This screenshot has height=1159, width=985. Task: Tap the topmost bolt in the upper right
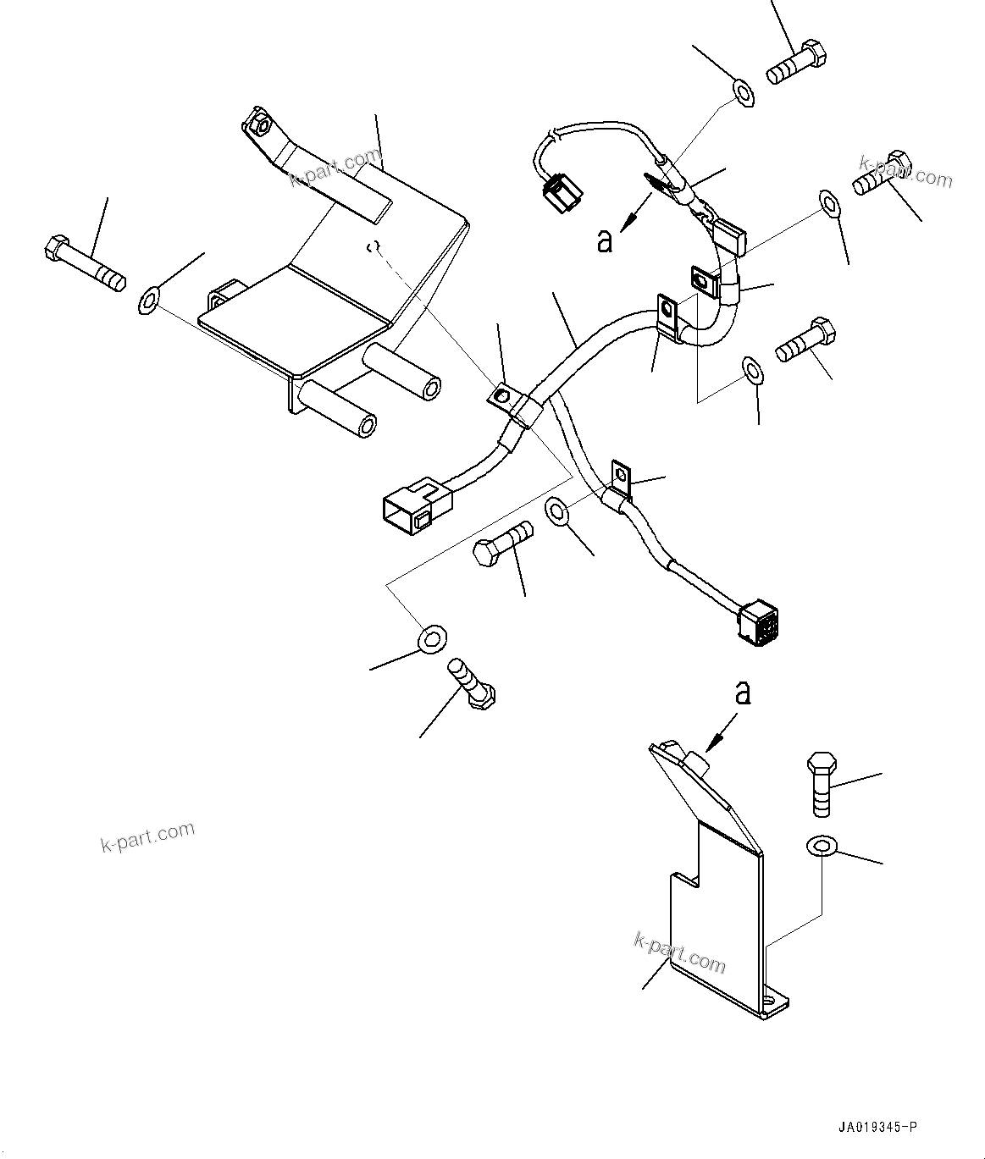(x=796, y=62)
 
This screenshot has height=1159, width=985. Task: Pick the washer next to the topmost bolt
(x=744, y=93)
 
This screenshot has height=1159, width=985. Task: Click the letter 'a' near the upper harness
(x=604, y=241)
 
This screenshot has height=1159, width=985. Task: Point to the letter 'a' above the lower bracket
(x=743, y=693)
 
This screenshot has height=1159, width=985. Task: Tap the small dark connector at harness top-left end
(x=562, y=194)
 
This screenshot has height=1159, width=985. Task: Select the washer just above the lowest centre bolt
(x=432, y=638)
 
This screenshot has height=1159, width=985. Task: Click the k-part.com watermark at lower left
(x=147, y=836)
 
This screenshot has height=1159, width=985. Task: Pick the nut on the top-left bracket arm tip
(x=260, y=124)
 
